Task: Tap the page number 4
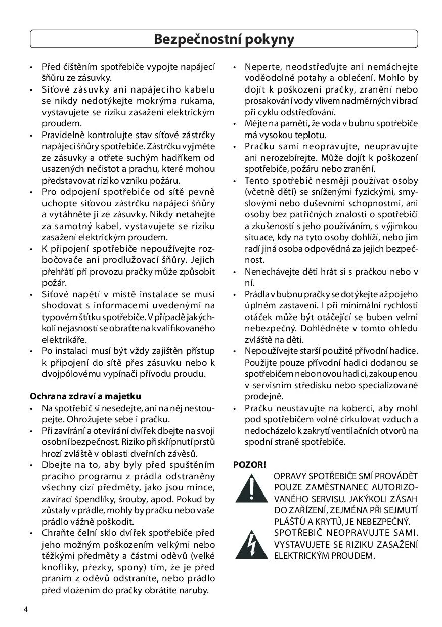point(25,609)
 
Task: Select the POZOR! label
point(249,464)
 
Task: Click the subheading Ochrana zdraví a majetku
point(85,396)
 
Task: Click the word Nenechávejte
point(270,272)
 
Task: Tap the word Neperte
point(260,67)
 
